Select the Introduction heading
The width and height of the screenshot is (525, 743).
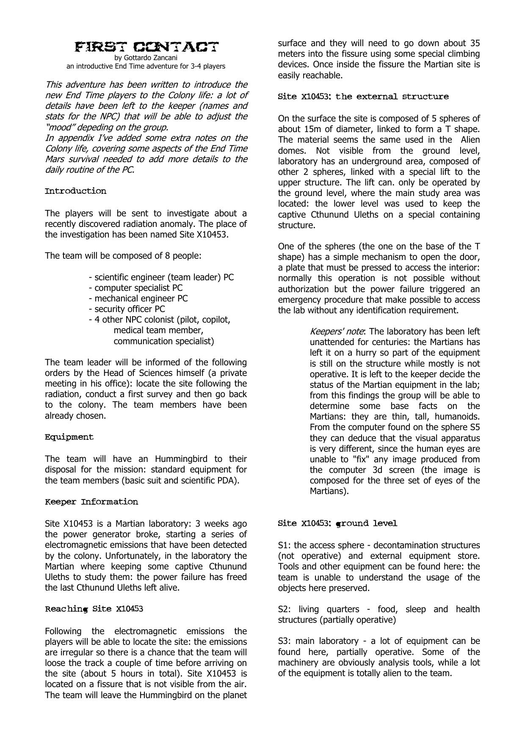coord(75,191)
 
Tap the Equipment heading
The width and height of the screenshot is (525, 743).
coord(69,437)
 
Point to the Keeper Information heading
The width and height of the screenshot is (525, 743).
coord(91,502)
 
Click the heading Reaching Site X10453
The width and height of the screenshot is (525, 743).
coord(94,609)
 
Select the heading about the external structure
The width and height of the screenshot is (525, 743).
coord(363,97)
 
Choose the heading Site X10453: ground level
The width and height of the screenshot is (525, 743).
coord(337,524)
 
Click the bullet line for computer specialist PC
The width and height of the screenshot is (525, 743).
coord(135,288)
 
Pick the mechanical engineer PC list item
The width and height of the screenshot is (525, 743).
coord(138,298)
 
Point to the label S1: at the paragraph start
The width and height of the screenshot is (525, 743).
coord(285,545)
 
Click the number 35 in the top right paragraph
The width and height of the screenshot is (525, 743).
coord(474,43)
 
